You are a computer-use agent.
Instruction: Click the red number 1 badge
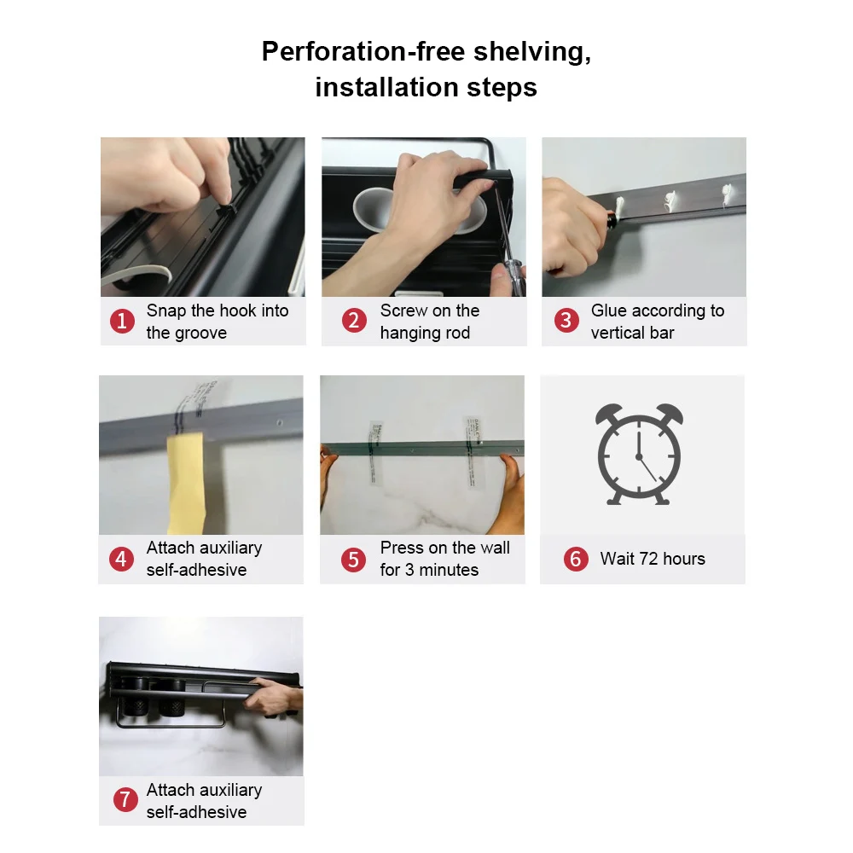[x=122, y=321]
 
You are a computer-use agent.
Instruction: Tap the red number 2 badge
[x=354, y=321]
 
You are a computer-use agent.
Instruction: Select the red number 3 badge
[x=566, y=321]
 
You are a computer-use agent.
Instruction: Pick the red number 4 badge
[x=121, y=559]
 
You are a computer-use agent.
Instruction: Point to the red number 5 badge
[x=354, y=560]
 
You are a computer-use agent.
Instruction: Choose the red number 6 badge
[x=576, y=559]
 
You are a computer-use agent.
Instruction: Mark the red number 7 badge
[x=125, y=800]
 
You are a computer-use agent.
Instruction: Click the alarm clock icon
[x=639, y=455]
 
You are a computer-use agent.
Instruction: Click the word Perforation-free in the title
[x=363, y=52]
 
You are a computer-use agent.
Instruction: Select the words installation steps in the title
[x=426, y=87]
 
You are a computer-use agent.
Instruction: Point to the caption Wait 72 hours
[x=653, y=559]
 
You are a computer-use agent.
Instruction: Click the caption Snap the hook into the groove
[x=218, y=322]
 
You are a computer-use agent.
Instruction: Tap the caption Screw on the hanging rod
[x=430, y=322]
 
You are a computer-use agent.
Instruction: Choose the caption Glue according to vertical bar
[x=658, y=322]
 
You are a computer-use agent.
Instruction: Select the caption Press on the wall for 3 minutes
[x=445, y=559]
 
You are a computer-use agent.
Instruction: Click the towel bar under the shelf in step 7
[x=171, y=717]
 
